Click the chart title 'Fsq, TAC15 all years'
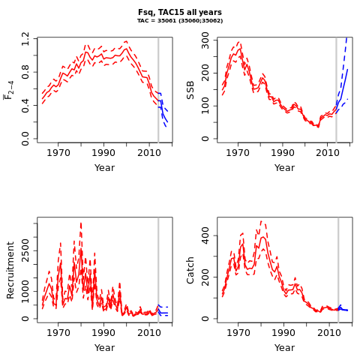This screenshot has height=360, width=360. tap(180, 12)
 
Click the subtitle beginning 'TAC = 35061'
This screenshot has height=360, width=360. tap(180, 21)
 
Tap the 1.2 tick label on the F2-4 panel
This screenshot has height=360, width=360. tap(25, 39)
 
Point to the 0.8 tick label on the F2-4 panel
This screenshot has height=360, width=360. tap(25, 72)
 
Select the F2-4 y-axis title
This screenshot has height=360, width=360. tap(8, 90)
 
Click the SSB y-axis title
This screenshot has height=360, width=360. tap(190, 90)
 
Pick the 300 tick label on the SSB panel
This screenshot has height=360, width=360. tap(205, 40)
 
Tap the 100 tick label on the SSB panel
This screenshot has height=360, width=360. tap(205, 106)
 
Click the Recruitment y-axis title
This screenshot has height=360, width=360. tap(10, 270)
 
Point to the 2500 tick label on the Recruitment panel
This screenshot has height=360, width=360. tap(25, 250)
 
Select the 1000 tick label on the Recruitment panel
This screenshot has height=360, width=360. tap(25, 291)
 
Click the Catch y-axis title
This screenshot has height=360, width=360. tap(190, 270)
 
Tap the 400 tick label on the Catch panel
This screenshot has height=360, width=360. tap(205, 235)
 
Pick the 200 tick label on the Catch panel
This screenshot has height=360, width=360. tap(205, 277)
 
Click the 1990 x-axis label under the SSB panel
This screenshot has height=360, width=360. tap(283, 153)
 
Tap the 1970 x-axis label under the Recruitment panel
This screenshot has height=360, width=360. tap(58, 333)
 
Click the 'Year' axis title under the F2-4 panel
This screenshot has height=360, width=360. tap(104, 167)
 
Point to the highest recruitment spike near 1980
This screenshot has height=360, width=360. tap(81, 223)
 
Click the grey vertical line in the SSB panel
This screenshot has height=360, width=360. tap(336, 90)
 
